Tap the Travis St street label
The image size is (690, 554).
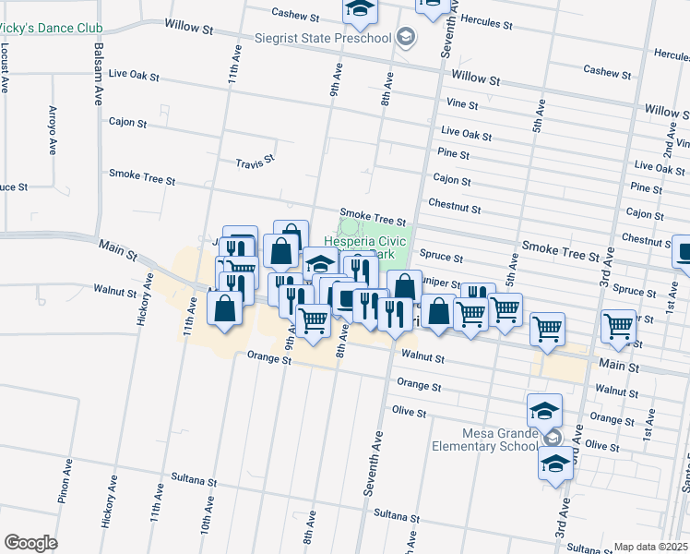coord(256,161)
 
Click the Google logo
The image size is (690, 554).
coord(30,542)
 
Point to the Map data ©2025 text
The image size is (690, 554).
coord(649,547)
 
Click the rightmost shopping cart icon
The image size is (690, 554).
coord(617,326)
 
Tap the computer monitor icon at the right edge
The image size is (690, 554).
coord(684,251)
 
